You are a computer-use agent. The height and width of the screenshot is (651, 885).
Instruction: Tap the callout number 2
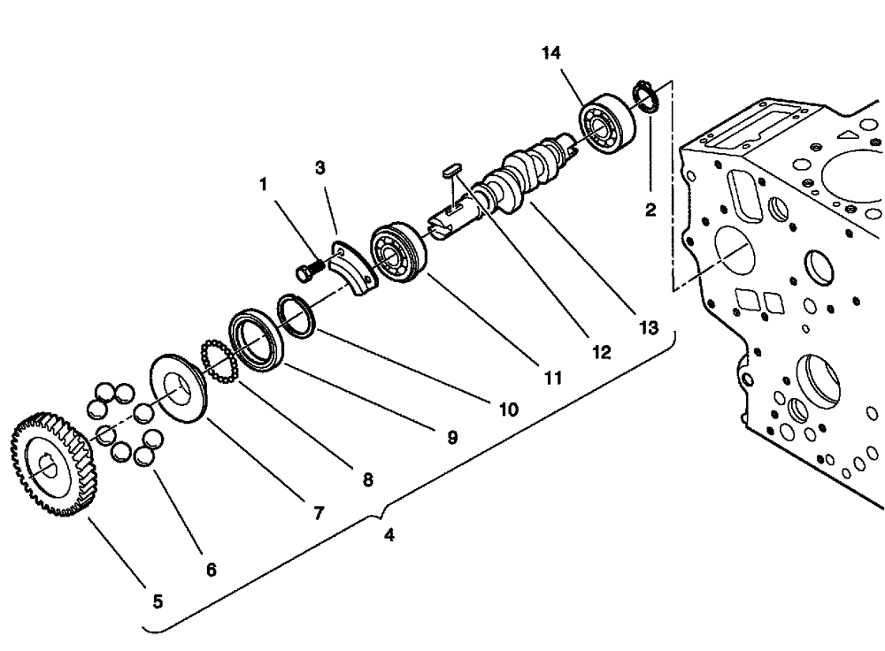[650, 210]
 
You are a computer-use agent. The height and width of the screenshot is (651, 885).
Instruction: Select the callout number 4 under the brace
[389, 534]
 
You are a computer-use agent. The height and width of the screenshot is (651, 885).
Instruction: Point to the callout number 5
[157, 601]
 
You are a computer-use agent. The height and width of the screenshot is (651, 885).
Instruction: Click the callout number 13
[649, 327]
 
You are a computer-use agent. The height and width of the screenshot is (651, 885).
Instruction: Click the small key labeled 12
[451, 167]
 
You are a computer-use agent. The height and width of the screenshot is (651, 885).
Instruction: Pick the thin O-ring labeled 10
[296, 314]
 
